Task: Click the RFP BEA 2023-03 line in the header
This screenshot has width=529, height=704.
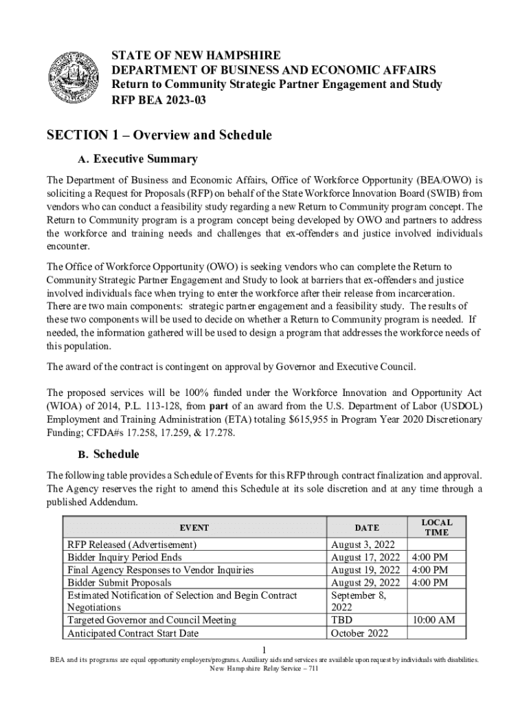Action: pyautogui.click(x=159, y=100)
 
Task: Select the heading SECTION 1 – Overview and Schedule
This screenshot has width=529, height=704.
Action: pyautogui.click(x=159, y=135)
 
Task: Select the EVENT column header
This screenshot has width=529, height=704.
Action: pyautogui.click(x=194, y=528)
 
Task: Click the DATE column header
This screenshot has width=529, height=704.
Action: pyautogui.click(x=366, y=528)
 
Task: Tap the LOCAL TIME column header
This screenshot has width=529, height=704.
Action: pyautogui.click(x=436, y=527)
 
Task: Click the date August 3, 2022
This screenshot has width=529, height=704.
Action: pyautogui.click(x=361, y=544)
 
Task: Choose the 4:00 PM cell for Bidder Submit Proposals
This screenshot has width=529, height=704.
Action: pyautogui.click(x=429, y=582)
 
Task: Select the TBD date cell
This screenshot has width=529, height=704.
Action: pyautogui.click(x=342, y=620)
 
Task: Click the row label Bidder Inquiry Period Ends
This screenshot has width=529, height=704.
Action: pyautogui.click(x=124, y=557)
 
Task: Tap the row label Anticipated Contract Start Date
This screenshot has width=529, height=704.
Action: pyautogui.click(x=133, y=632)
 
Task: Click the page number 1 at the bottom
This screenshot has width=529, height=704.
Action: pyautogui.click(x=265, y=649)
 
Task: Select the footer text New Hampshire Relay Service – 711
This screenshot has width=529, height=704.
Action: pyautogui.click(x=264, y=668)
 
